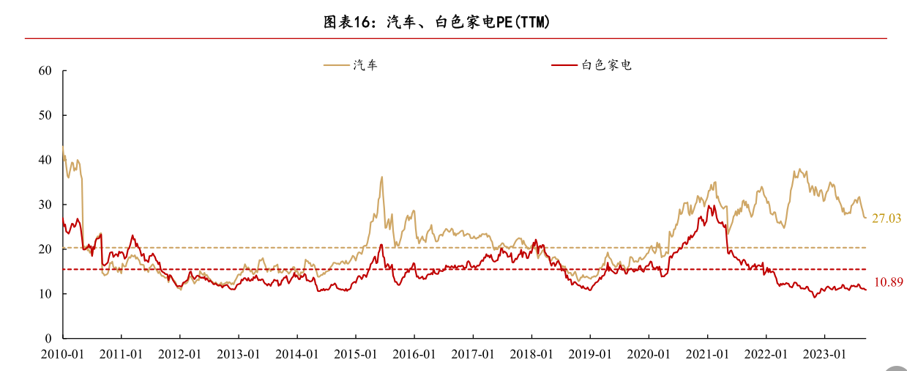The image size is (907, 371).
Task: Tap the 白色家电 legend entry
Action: click(x=606, y=65)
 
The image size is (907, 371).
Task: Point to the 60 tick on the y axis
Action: click(x=45, y=71)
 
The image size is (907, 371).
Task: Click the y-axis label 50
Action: click(x=45, y=116)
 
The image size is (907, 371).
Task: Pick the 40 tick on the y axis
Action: click(x=45, y=161)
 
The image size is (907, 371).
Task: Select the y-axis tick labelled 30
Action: click(x=45, y=205)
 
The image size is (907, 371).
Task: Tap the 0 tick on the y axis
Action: click(x=48, y=339)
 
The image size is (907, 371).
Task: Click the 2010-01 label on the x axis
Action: click(x=62, y=354)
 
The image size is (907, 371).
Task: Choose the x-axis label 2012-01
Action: click(x=180, y=354)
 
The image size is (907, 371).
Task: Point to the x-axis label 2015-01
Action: click(x=356, y=354)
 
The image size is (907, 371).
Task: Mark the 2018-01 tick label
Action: click(x=531, y=354)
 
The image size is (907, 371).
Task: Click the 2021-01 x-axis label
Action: click(x=707, y=354)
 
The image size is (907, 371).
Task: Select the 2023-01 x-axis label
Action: click(x=824, y=354)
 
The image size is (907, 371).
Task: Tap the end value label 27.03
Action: click(x=886, y=218)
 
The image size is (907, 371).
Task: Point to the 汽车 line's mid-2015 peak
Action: click(x=381, y=177)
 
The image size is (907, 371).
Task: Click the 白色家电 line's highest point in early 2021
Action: click(x=709, y=206)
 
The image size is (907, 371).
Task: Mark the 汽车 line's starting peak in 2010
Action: click(x=63, y=147)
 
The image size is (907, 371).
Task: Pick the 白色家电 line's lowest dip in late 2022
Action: click(x=814, y=296)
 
